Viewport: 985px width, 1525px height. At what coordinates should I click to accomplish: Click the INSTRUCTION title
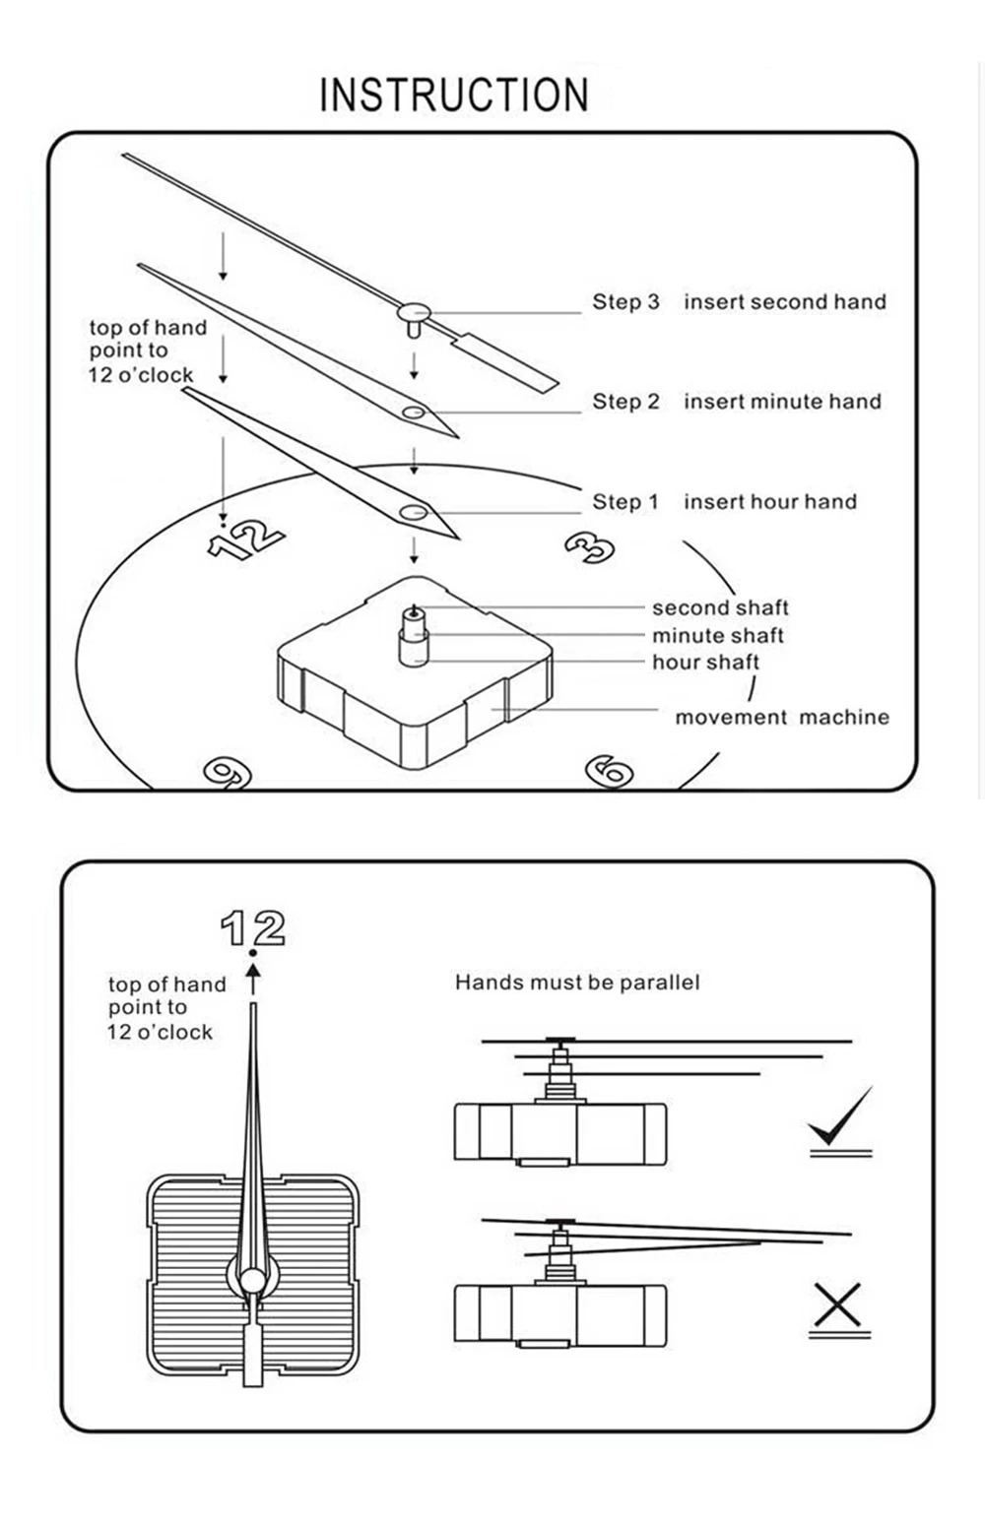coord(454,95)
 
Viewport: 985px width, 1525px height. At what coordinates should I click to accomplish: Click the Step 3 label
coord(625,302)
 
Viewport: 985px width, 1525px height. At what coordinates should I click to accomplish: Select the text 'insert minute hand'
coord(782,402)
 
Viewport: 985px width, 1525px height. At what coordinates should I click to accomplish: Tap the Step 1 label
coord(624,502)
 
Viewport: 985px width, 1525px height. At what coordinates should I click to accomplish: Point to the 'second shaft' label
coord(720,608)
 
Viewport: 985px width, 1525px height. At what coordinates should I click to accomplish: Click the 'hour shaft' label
coord(705,663)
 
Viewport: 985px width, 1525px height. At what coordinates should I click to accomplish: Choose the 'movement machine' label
coord(781,718)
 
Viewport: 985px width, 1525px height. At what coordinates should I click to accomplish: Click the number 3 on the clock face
coord(590,547)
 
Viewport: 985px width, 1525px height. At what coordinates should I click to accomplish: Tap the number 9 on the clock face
coord(228,773)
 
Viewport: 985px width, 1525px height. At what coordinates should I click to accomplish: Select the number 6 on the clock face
coord(609,771)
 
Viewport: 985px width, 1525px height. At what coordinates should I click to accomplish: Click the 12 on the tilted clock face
coord(246,540)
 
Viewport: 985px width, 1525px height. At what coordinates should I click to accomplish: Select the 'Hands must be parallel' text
coord(577,983)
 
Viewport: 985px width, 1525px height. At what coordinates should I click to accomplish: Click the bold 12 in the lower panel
coord(253,928)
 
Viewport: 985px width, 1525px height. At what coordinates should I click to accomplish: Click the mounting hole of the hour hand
coord(413,512)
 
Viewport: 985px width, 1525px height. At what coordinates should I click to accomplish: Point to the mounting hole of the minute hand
coord(414,413)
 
